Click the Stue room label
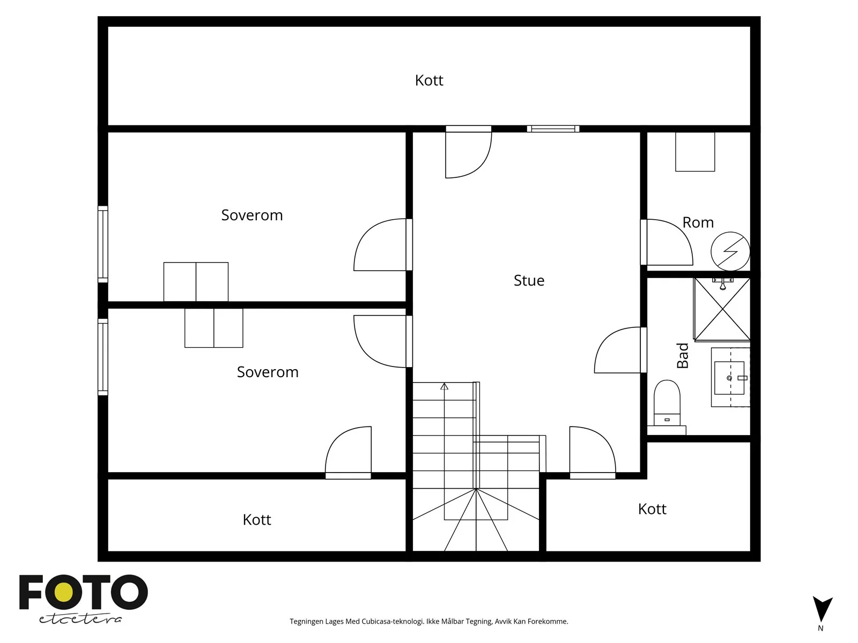529,280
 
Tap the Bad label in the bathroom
683,355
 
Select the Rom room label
698,222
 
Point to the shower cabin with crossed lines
722,309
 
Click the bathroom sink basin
729,378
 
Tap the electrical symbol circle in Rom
730,251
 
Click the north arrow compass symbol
823,610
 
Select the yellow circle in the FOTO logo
63,593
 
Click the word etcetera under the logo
80,619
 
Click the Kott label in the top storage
429,80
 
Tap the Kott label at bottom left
257,520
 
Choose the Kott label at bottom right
652,509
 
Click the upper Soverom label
252,215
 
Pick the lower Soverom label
268,372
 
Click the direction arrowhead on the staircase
444,386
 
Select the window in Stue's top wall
553,129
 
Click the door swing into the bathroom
618,350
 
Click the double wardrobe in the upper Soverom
196,282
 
